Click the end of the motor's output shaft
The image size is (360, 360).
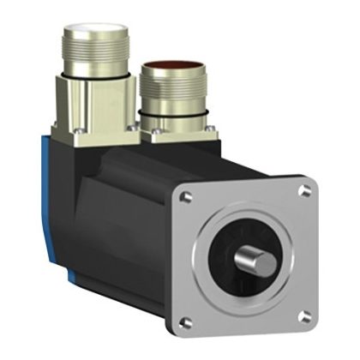tap(250, 257)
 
